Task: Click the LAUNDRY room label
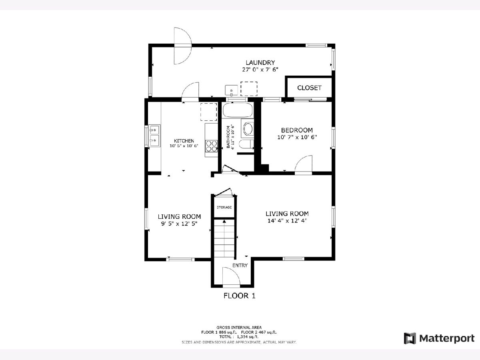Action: [260, 63]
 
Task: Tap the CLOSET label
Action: [309, 88]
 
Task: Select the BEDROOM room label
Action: [297, 130]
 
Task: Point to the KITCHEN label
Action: [184, 141]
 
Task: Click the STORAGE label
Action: [224, 207]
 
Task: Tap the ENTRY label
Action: [240, 265]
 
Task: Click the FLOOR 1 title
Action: [239, 296]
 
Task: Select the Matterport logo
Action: [439, 338]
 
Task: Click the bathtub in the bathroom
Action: [238, 110]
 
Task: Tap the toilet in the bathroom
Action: [246, 144]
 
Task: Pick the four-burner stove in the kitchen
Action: [211, 146]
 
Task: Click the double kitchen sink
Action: [154, 136]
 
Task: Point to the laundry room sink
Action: [231, 90]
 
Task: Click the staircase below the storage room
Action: [224, 238]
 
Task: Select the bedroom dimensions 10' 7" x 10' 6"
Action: [297, 137]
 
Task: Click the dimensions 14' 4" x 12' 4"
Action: [287, 221]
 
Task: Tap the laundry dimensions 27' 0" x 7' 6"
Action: [260, 70]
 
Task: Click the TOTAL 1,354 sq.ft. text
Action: [239, 337]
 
